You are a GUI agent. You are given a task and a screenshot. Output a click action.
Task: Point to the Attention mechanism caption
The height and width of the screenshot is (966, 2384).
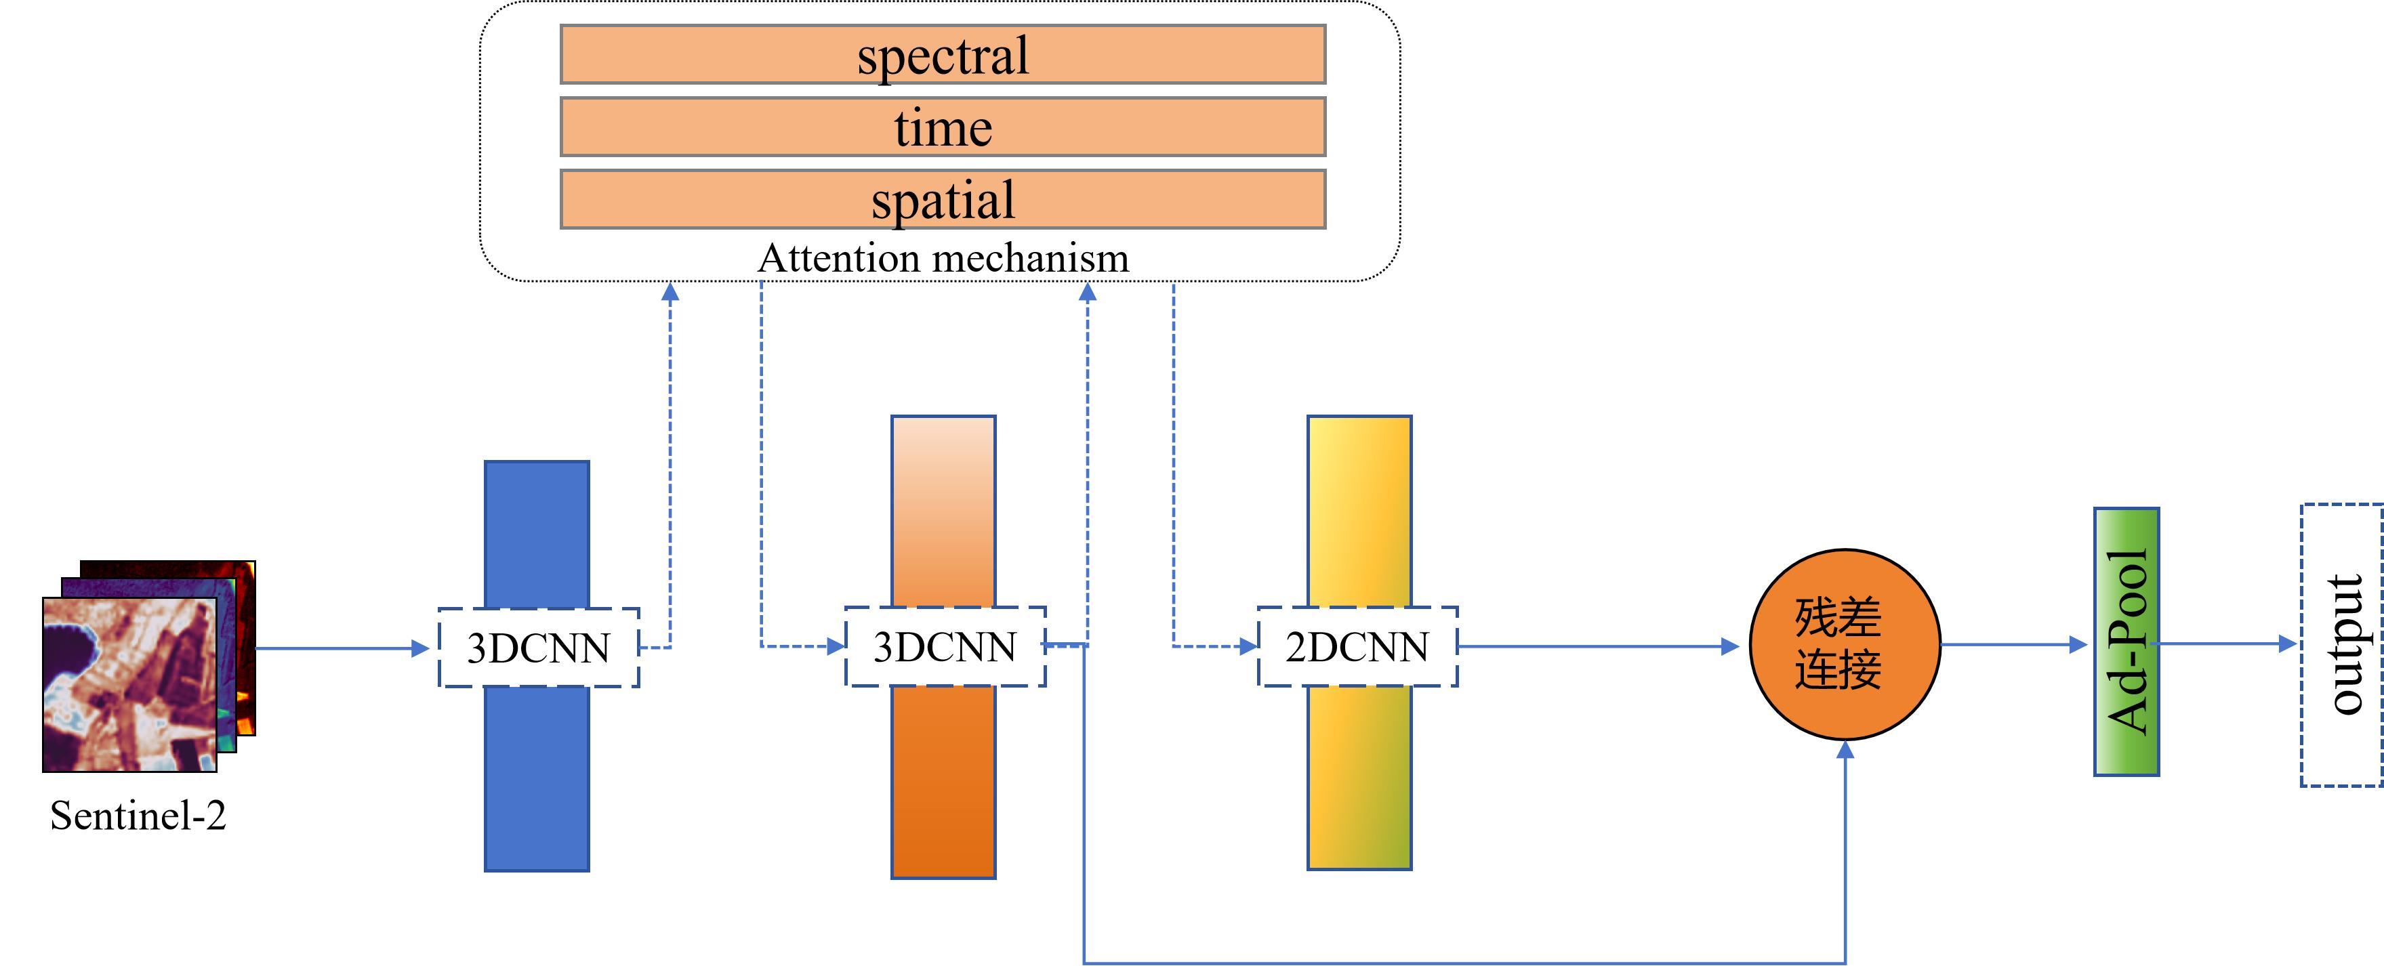[943, 258]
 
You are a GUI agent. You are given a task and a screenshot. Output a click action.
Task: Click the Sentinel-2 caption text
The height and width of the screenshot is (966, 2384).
[138, 815]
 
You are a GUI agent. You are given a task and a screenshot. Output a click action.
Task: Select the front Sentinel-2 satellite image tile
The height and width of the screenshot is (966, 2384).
[129, 684]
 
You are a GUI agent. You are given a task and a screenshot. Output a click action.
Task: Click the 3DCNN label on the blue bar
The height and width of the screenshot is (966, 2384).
[537, 648]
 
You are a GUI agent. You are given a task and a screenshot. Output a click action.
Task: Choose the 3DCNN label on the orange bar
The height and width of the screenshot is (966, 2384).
[945, 647]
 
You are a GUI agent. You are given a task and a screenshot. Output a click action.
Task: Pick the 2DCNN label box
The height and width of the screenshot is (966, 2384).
[1357, 647]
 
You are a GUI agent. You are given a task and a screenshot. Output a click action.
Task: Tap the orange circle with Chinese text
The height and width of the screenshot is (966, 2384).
[1845, 645]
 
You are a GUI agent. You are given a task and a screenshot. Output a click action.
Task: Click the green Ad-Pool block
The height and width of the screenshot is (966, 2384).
[2126, 642]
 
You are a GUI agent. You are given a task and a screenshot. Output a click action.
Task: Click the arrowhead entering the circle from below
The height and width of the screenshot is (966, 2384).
[1845, 751]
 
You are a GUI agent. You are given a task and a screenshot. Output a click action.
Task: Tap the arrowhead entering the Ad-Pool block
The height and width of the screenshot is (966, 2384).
[2078, 645]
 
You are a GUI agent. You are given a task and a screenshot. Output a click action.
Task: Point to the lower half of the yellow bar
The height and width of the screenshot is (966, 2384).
[1359, 777]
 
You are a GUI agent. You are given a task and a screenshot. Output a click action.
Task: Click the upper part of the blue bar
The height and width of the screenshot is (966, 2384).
[537, 532]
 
